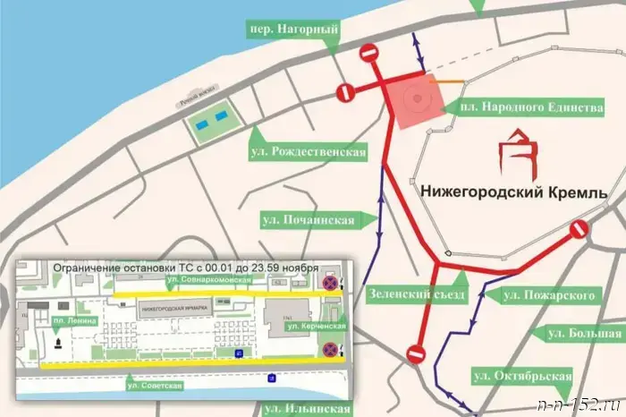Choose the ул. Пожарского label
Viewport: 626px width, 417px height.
(548, 294)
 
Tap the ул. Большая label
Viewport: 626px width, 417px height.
(576, 334)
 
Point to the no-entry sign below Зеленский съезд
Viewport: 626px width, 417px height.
(415, 353)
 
